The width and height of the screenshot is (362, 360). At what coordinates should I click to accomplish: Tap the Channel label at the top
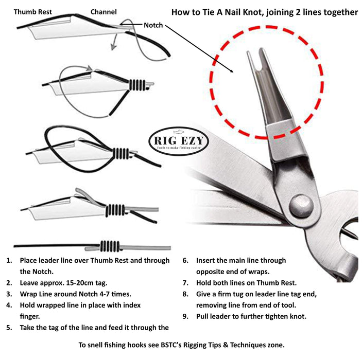point(104,11)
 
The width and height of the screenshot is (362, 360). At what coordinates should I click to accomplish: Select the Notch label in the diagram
point(153,25)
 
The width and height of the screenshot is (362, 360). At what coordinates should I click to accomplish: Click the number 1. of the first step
point(9,261)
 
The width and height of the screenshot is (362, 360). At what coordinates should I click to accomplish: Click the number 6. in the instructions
point(185,261)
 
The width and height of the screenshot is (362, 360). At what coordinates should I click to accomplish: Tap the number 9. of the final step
point(185,316)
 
